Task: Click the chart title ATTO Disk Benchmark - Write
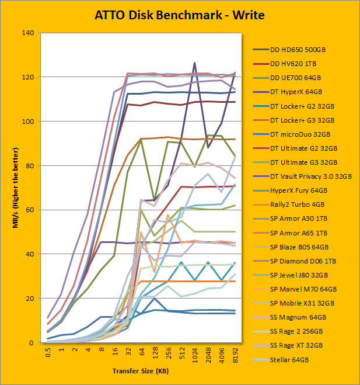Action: (x=179, y=15)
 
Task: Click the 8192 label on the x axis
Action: (x=235, y=355)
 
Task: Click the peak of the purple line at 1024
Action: (x=194, y=63)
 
